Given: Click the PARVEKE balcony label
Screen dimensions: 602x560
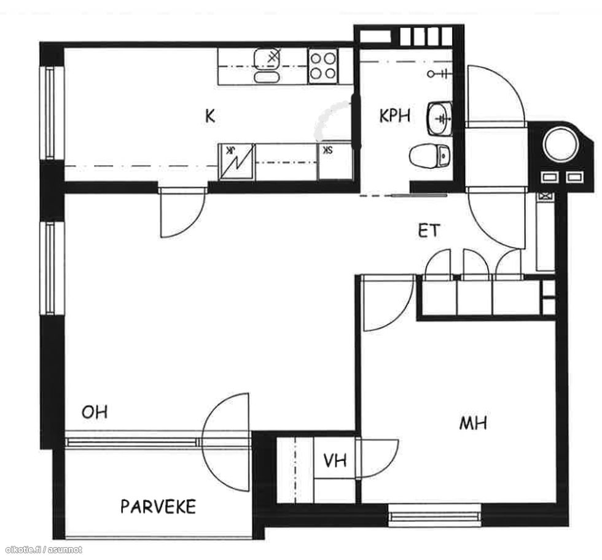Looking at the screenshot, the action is click(x=158, y=507).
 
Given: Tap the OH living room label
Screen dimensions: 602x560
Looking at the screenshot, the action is click(x=95, y=412).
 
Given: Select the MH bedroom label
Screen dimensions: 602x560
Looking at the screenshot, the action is click(x=474, y=423).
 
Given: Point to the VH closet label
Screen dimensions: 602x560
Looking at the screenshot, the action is click(x=335, y=460).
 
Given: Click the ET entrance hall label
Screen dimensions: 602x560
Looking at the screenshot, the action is click(x=429, y=231).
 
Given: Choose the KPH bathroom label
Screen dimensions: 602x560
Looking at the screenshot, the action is click(x=394, y=115).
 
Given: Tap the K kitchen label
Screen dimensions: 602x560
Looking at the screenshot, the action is click(x=209, y=115).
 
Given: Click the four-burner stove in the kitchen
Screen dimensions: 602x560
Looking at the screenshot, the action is click(x=323, y=66).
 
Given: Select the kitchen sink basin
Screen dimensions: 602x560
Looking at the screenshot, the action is click(x=267, y=66).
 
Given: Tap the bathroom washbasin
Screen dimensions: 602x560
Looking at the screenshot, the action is click(x=439, y=119).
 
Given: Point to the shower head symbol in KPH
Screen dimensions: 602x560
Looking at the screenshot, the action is click(x=437, y=73).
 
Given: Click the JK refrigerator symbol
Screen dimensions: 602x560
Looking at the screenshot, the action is click(x=237, y=162).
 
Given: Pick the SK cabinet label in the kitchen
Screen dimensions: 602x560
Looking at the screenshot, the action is click(x=327, y=150).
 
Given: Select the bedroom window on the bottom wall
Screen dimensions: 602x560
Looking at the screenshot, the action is click(x=434, y=515).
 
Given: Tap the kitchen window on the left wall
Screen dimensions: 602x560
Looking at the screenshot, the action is click(x=50, y=113).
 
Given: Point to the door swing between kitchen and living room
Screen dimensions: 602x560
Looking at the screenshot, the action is click(x=183, y=214).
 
